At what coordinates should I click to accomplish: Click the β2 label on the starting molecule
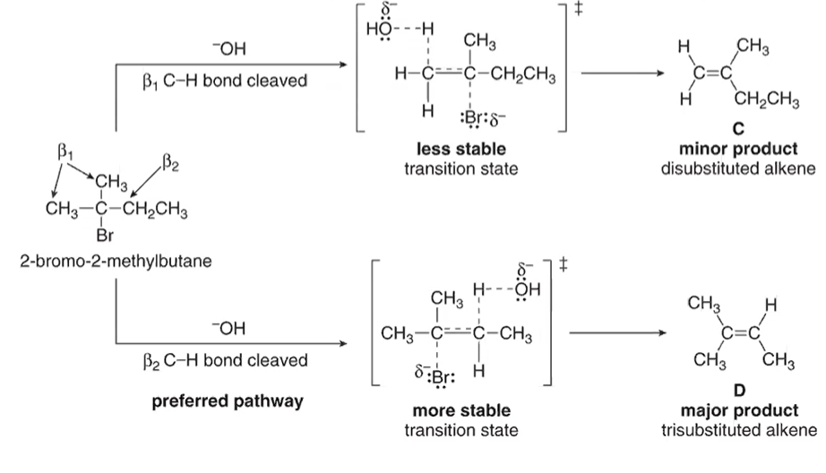pos(170,163)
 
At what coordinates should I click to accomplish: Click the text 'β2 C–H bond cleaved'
pos(225,361)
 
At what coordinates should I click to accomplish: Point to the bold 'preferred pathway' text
pos(224,400)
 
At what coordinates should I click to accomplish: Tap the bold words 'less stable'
pos(460,149)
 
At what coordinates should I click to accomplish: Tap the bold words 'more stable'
pos(460,410)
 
